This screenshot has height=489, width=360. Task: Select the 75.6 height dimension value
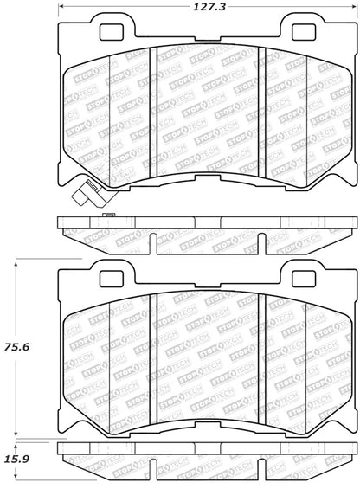17,347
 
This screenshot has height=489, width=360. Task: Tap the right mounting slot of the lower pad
301,279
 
